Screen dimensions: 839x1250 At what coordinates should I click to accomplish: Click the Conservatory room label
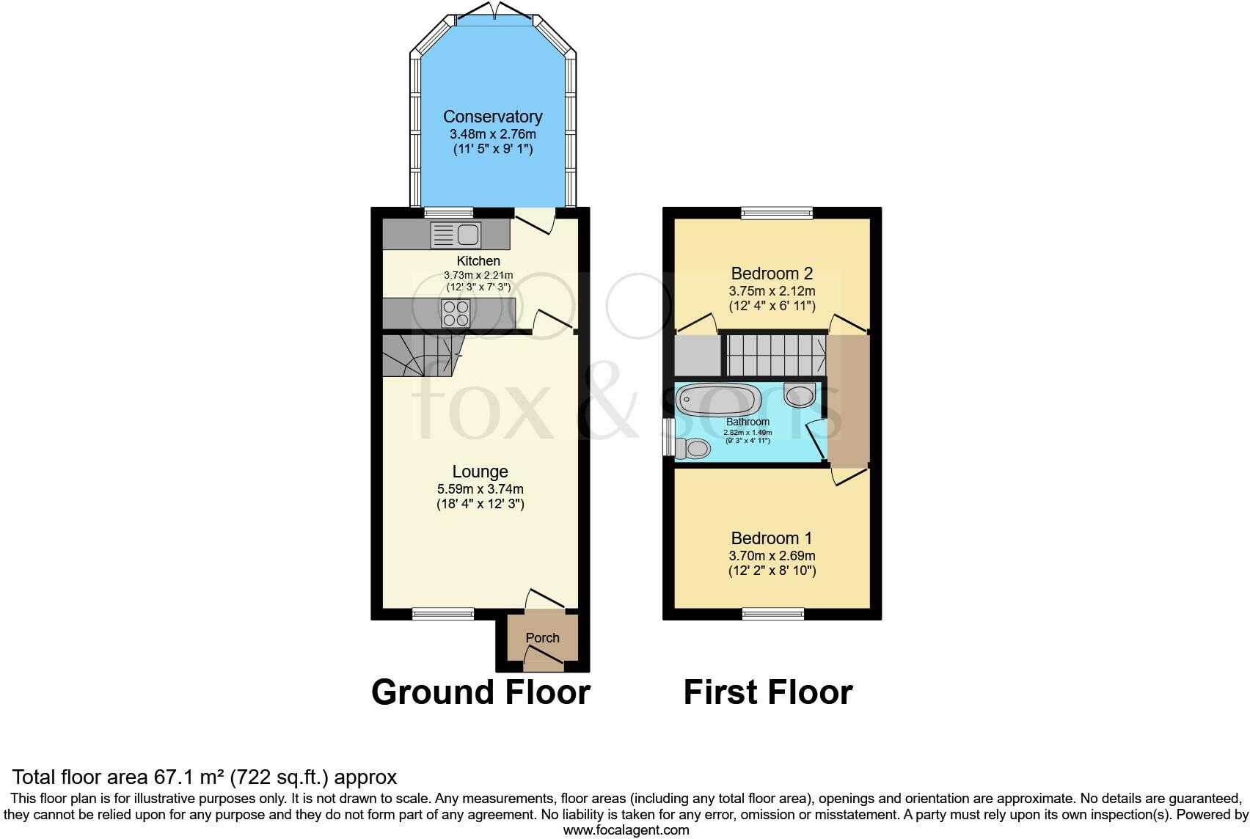[x=492, y=117]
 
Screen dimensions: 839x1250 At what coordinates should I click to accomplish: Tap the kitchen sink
[x=457, y=235]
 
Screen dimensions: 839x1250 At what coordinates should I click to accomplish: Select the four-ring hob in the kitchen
[x=455, y=314]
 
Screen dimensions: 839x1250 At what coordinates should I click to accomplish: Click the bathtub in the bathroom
[x=717, y=400]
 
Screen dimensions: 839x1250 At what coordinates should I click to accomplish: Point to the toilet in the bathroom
[x=691, y=447]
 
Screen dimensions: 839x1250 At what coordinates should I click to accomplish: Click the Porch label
[x=542, y=638]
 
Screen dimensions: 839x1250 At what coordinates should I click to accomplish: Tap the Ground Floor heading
[x=480, y=692]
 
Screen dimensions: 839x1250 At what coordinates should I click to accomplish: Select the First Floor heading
[x=768, y=692]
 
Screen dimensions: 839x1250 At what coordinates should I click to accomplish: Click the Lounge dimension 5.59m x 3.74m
[x=480, y=489]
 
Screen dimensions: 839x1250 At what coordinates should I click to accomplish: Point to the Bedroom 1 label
[x=771, y=538]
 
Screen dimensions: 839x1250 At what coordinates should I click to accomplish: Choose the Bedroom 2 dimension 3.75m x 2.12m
[x=772, y=290]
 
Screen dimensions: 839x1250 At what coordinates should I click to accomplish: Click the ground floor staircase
[x=418, y=356]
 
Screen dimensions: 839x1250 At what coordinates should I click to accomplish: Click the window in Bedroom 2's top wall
[x=777, y=213]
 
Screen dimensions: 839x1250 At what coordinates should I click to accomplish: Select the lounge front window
[x=442, y=614]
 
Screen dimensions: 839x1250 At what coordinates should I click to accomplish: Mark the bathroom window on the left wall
[x=668, y=437]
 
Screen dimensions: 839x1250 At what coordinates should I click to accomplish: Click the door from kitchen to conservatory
[x=533, y=219]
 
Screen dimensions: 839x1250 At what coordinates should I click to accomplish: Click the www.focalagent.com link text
[x=626, y=830]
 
